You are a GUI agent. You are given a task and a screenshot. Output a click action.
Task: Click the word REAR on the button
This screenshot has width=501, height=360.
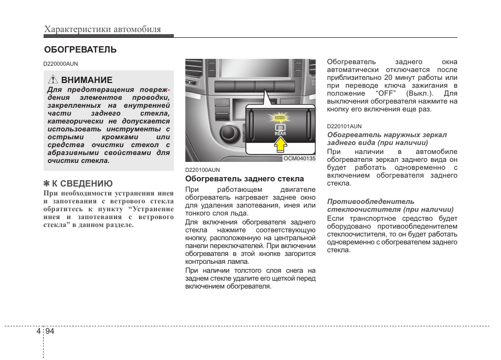pos(280,134)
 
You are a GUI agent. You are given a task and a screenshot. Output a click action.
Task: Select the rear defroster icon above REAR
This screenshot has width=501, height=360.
pos(280,127)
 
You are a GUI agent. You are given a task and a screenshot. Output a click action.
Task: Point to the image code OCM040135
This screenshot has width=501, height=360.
pos(299,158)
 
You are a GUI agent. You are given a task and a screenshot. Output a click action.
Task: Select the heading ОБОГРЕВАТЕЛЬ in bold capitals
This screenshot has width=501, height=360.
pos(80,50)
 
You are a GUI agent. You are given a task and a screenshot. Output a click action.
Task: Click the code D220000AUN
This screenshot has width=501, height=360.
pos(60,64)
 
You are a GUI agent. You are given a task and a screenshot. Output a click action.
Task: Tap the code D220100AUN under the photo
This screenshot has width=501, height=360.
pos(202,170)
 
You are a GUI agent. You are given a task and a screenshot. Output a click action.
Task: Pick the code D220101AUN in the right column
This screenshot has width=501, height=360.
pos(344,126)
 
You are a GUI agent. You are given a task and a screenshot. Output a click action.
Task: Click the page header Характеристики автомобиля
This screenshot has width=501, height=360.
pos(102,29)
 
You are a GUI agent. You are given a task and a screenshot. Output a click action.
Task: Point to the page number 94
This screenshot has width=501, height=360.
pos(50,331)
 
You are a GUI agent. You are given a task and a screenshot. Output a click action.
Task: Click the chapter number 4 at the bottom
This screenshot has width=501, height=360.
pos(38,331)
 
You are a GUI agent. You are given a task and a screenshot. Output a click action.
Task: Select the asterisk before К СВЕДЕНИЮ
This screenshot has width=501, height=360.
pos(46,183)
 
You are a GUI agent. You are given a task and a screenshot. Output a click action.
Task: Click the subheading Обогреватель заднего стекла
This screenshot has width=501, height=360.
pos(244,179)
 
